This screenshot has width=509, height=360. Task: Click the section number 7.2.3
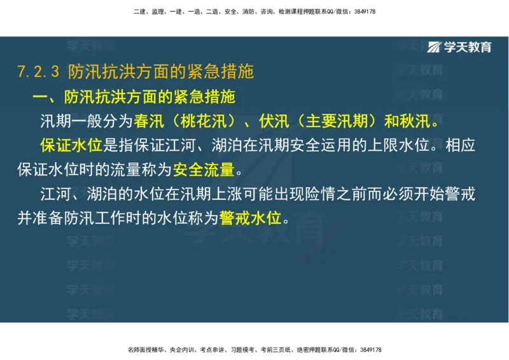[x=39, y=72]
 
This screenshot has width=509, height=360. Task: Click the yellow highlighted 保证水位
[x=71, y=146]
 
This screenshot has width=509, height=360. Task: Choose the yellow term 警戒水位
[x=250, y=218]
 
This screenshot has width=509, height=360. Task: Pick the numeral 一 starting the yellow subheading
[x=39, y=97]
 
